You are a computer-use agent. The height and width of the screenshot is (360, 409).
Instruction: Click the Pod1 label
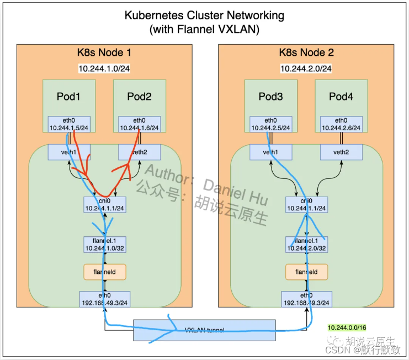68,97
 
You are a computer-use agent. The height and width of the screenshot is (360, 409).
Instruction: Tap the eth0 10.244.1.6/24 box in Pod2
139,124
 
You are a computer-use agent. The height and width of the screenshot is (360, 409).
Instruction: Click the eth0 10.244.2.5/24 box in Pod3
270,124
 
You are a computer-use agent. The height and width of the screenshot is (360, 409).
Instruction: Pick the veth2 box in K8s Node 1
139,152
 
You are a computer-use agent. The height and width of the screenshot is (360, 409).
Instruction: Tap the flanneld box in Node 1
104,272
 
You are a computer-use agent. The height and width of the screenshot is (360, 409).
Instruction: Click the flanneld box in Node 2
306,272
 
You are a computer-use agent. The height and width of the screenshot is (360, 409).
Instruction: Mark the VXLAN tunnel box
204,330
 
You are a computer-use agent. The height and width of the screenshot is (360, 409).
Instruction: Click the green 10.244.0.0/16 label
347,328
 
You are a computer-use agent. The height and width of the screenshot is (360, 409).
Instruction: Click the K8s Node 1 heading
104,53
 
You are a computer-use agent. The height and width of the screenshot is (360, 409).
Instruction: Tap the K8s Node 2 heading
306,53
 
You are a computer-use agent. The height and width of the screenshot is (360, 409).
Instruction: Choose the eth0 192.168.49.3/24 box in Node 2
306,299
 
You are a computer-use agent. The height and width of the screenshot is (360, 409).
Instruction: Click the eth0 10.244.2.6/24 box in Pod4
341,124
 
